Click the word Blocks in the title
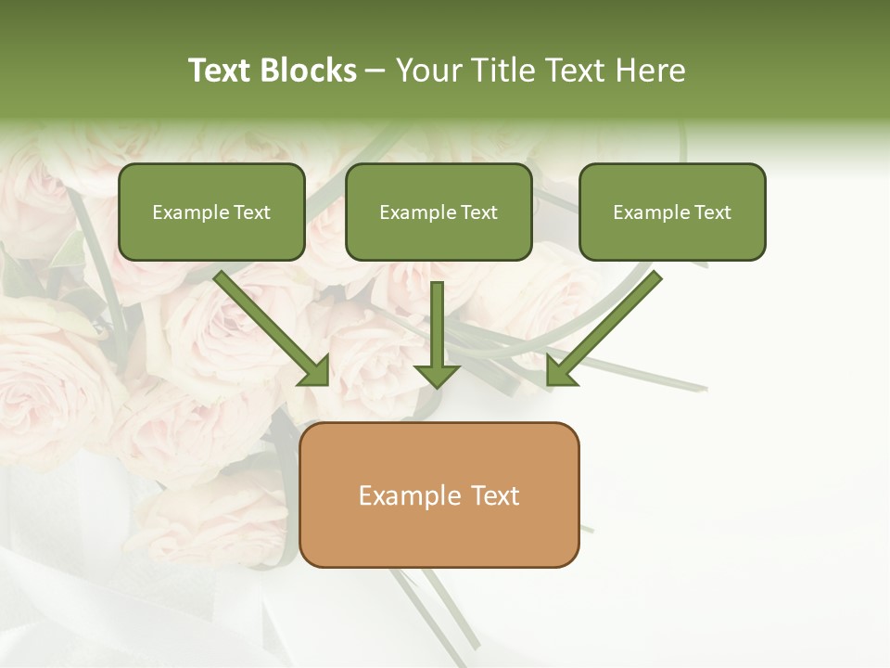tap(310, 71)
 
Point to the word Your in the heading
tap(426, 71)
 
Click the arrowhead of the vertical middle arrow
tap(437, 374)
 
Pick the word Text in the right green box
tap(712, 212)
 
